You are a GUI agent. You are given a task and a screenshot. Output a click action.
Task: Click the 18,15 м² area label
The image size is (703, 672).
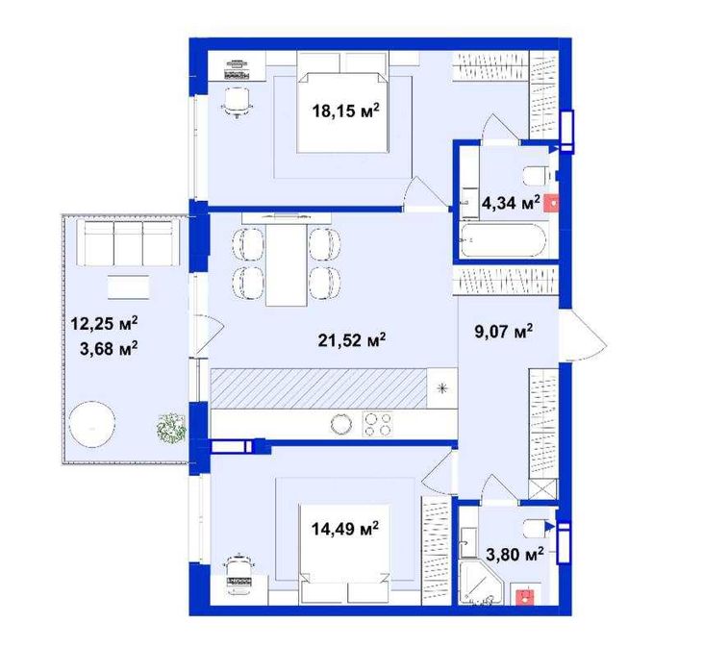tap(345, 111)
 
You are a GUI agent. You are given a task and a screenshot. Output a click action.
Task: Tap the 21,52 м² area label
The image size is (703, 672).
tap(352, 339)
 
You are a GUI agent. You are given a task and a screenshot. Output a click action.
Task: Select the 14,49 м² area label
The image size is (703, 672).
tap(345, 529)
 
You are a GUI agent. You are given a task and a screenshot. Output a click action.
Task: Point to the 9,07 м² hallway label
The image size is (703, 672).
tap(504, 332)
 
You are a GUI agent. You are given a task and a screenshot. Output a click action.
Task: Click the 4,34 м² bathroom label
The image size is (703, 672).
tap(511, 203)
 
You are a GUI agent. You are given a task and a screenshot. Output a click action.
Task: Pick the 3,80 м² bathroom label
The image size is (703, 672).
tap(515, 554)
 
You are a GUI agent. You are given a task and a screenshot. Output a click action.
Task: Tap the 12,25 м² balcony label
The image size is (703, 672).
tap(104, 323)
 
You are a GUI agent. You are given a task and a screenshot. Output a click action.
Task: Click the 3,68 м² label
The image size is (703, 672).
tap(109, 348)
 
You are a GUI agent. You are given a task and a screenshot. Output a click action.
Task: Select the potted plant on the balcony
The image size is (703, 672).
tap(171, 429)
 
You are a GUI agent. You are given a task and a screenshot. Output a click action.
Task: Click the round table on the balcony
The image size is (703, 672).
tap(92, 424)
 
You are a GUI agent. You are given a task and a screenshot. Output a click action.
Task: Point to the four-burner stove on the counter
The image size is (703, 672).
tap(378, 424)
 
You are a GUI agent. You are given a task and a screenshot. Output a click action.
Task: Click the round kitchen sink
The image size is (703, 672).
tap(341, 424)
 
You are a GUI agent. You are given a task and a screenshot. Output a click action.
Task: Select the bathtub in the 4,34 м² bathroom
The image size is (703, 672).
tap(503, 240)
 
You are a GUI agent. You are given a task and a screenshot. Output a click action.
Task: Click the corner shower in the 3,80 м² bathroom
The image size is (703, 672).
tap(482, 582)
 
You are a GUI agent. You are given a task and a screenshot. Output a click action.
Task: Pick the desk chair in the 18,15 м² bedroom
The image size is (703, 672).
tap(237, 103)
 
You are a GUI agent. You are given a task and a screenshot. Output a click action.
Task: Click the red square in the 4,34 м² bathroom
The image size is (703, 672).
tap(551, 203)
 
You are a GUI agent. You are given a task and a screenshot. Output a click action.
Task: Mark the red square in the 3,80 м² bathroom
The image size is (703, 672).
tap(525, 596)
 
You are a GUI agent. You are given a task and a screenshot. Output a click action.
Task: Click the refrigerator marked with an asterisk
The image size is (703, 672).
tap(442, 388)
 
